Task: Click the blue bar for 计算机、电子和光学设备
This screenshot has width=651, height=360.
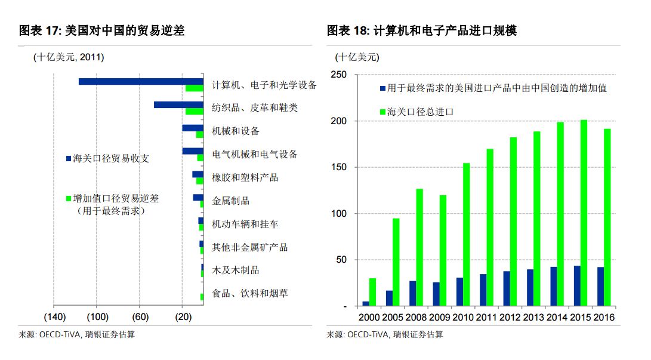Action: click(x=141, y=81)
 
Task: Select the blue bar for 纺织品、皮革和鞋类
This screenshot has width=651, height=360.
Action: click(x=178, y=104)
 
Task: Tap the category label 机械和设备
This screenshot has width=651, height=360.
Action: click(x=236, y=131)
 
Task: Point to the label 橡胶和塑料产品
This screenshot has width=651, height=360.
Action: click(x=245, y=177)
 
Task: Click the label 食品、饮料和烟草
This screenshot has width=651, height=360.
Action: click(x=250, y=294)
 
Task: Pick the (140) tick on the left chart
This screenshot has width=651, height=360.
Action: click(x=55, y=316)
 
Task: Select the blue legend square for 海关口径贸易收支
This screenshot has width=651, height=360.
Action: click(x=68, y=159)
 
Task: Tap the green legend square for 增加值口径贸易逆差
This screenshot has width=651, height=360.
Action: click(x=68, y=198)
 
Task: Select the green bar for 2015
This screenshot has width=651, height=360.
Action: click(x=584, y=213)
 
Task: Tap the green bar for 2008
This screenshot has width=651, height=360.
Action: click(x=419, y=247)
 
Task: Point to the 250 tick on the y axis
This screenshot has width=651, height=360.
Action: click(x=338, y=75)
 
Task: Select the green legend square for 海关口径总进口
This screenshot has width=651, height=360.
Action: click(x=382, y=112)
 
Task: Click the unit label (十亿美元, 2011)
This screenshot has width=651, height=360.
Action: click(x=69, y=57)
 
